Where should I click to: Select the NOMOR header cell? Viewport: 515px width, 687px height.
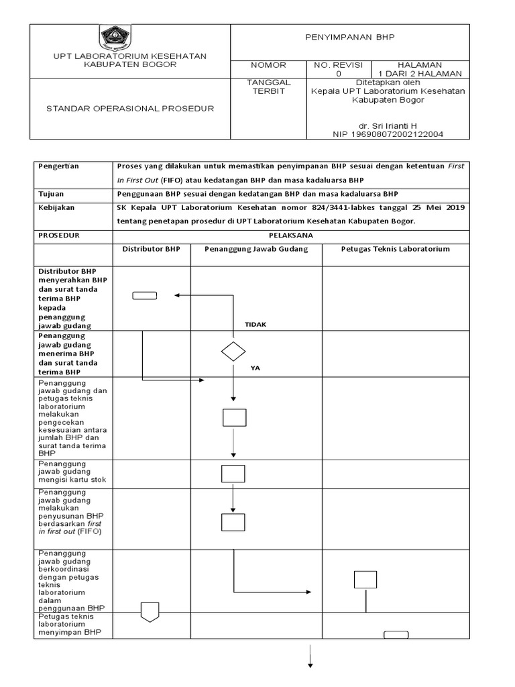coord(268,65)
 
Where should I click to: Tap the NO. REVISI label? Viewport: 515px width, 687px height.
coord(338,65)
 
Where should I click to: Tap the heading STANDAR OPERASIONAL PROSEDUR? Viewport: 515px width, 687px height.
coord(129,109)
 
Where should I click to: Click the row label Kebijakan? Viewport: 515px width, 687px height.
coord(56,207)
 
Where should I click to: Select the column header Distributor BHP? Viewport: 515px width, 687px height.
coord(151,249)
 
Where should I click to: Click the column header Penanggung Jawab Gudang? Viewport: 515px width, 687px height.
coord(255,249)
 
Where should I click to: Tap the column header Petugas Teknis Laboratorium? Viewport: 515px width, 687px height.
coord(395,249)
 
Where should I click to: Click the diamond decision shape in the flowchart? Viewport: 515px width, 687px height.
coord(233,351)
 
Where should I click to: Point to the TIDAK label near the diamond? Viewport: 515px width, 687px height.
coord(255,324)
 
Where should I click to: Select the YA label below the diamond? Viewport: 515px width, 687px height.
coord(255,368)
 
